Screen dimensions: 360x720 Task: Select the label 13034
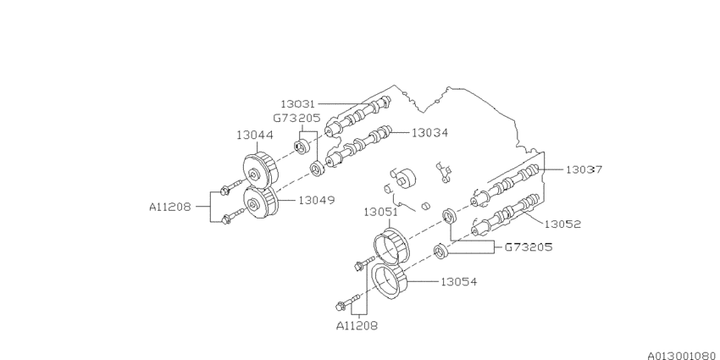pyautogui.click(x=430, y=132)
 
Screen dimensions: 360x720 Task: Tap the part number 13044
pyautogui.click(x=254, y=135)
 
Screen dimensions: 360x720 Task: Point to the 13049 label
pyautogui.click(x=315, y=201)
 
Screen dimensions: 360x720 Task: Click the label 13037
pyautogui.click(x=584, y=169)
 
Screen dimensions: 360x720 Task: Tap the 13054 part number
pyautogui.click(x=458, y=281)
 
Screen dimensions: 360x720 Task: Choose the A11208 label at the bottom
pyautogui.click(x=357, y=324)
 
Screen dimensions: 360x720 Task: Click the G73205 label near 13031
pyautogui.click(x=296, y=119)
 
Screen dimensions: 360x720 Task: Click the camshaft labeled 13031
pyautogui.click(x=360, y=114)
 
